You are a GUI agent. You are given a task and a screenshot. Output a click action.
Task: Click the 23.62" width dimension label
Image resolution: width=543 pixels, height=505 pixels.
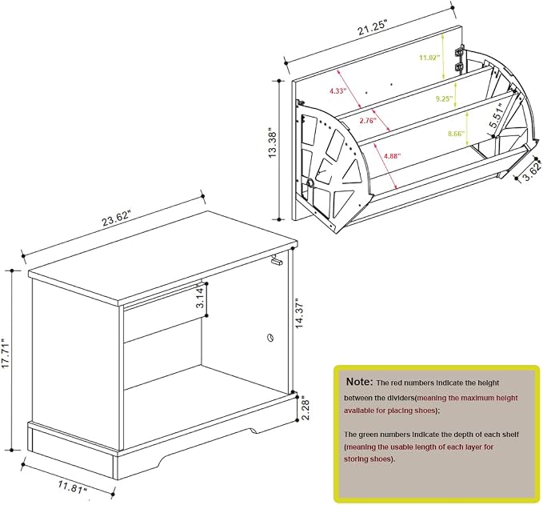tap(116, 218)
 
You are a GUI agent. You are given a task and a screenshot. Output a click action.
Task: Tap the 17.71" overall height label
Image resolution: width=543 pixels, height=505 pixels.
tap(6, 359)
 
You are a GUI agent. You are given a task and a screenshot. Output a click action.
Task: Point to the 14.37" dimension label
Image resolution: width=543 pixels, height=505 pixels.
tap(300, 313)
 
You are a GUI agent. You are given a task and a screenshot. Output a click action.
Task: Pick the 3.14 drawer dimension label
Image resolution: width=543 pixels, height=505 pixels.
tap(201, 299)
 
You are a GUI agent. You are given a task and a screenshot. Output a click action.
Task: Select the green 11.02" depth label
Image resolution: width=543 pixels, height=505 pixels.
tap(429, 58)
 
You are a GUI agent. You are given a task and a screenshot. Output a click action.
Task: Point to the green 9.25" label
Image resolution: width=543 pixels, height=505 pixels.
tap(445, 98)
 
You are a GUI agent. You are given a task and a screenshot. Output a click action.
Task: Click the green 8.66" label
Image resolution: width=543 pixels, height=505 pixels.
tap(456, 134)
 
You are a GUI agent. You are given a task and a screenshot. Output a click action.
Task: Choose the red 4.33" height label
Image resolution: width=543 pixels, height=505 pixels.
tap(338, 91)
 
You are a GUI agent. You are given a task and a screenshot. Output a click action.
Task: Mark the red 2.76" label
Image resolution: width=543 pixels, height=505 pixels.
tap(369, 121)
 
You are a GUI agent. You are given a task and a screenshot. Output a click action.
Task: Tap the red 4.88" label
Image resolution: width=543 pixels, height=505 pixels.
tap(393, 156)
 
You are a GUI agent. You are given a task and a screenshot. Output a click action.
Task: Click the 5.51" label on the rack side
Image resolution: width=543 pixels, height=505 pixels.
tap(496, 115)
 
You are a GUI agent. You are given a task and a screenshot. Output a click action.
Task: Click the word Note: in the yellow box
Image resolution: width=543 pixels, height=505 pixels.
tap(360, 382)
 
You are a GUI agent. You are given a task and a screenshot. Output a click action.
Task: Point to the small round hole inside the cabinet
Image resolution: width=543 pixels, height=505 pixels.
tap(270, 337)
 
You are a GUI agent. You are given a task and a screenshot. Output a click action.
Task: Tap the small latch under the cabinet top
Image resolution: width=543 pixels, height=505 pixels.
tap(277, 260)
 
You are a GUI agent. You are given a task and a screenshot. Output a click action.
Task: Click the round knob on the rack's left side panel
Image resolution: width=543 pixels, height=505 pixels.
tap(309, 183)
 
